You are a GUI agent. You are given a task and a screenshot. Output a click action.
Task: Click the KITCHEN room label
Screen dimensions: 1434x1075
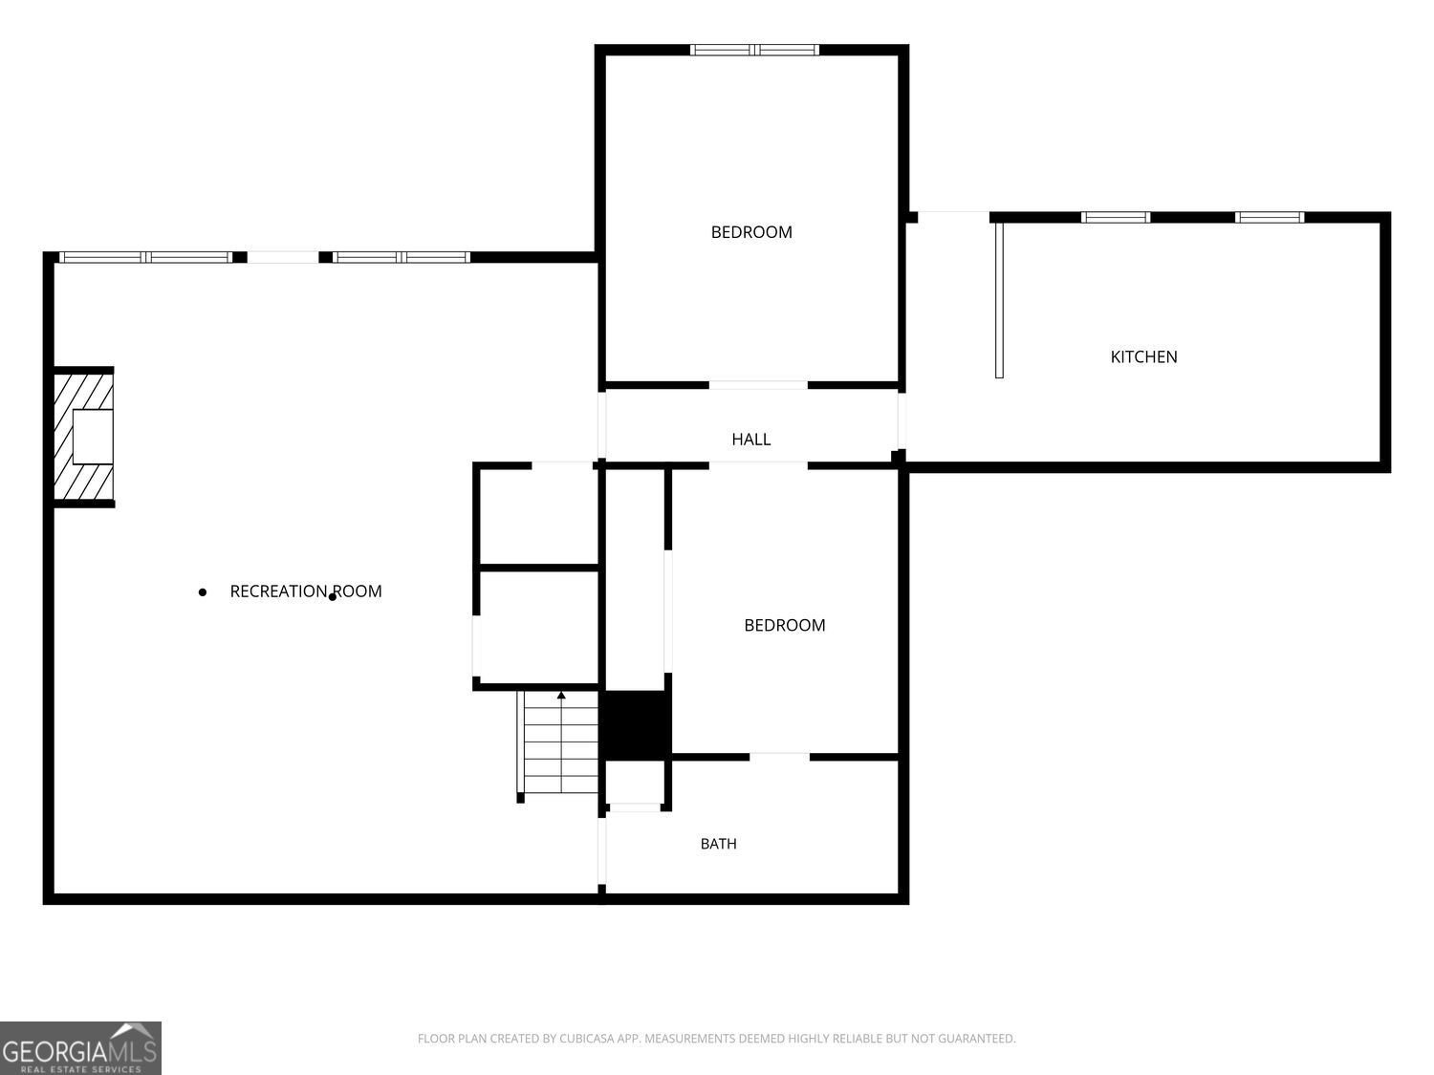pos(1143,357)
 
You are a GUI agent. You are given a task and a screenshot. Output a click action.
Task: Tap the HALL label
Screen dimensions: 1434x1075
pos(750,440)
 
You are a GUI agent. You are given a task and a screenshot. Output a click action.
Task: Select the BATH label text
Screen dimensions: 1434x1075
pos(718,844)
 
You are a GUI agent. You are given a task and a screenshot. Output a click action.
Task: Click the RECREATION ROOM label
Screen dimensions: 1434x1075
pos(306,591)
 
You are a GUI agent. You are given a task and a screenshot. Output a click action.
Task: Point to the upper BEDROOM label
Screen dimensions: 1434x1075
pos(751,232)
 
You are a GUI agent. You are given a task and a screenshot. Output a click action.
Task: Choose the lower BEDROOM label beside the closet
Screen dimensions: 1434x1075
pos(785,625)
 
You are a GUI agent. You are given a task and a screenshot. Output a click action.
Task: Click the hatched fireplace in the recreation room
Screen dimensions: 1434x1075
pos(83,437)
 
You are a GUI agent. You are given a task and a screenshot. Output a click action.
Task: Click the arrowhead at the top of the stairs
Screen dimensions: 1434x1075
pos(561,695)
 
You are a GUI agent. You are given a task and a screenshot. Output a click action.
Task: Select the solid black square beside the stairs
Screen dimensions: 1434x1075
pos(635,725)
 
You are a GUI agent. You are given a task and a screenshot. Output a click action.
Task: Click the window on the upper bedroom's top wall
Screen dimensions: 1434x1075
pos(754,50)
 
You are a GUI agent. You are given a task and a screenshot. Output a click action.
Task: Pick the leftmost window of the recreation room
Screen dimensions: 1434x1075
pos(145,257)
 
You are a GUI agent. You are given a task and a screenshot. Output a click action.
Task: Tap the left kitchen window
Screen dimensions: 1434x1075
pos(1116,217)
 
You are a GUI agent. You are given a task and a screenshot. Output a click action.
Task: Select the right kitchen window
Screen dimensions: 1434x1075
pos(1270,217)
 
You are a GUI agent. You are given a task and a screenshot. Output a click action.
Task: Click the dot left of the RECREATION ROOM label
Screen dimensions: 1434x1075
pos(203,592)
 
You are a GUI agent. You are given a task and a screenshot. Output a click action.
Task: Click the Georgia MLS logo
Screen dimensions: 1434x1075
pos(80,1048)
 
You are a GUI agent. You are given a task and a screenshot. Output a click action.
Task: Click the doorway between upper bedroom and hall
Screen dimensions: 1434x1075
pos(758,385)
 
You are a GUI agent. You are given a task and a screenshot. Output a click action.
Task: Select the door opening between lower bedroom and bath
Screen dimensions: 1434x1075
pos(779,757)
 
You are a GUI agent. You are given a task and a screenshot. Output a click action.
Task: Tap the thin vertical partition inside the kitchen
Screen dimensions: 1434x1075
pos(999,300)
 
